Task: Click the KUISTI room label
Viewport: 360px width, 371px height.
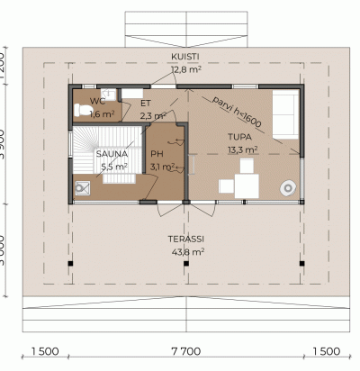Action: click(x=185, y=57)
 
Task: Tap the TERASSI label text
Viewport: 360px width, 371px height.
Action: click(x=186, y=239)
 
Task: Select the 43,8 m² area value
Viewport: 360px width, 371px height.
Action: click(x=188, y=251)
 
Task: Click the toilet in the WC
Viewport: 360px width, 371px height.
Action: click(x=82, y=110)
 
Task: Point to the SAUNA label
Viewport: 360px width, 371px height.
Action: click(x=112, y=154)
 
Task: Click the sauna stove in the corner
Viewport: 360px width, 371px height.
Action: click(x=82, y=188)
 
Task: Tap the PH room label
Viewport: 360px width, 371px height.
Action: click(x=157, y=154)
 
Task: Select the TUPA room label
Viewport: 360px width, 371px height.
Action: click(x=239, y=137)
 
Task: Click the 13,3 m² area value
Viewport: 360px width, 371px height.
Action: click(x=243, y=149)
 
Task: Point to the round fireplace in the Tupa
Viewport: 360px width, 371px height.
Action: click(x=288, y=188)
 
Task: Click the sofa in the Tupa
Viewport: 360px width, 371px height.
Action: click(x=285, y=114)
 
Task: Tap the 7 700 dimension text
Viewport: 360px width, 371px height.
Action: click(x=186, y=351)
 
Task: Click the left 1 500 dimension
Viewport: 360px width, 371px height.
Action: click(x=45, y=351)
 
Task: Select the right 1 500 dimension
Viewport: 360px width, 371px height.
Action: click(x=327, y=351)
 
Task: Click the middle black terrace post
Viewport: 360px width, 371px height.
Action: click(x=186, y=264)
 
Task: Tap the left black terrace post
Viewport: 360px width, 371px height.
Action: click(x=70, y=264)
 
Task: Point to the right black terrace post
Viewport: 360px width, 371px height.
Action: click(x=302, y=264)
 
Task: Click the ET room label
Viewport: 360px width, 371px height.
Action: click(x=146, y=104)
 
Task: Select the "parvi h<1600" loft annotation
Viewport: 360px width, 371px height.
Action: click(x=237, y=112)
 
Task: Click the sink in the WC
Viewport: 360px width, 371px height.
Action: click(x=108, y=95)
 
